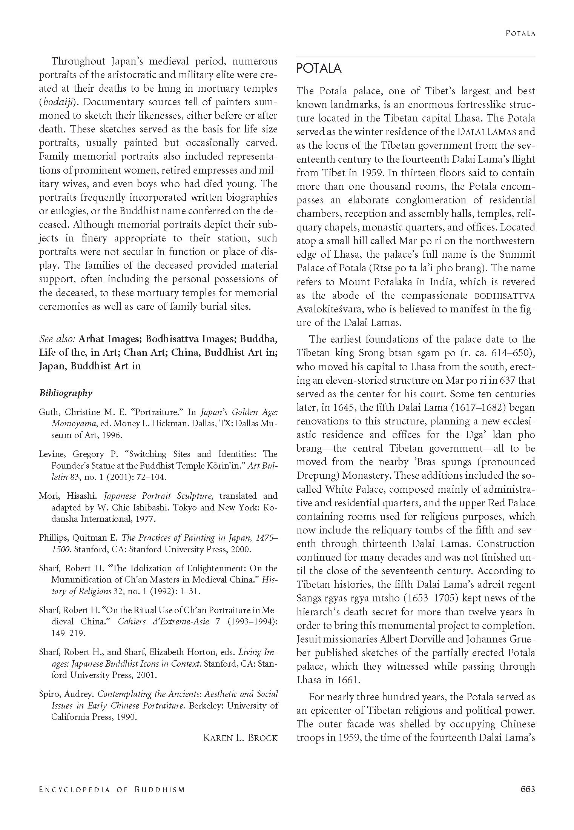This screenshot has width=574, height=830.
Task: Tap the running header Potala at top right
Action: coord(520,33)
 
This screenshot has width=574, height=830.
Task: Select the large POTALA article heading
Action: coord(319,69)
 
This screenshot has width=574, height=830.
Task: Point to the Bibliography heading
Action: coord(66,393)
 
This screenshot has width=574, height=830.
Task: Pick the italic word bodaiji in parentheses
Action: coord(57,102)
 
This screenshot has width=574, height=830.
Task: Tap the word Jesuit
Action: coord(308,639)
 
